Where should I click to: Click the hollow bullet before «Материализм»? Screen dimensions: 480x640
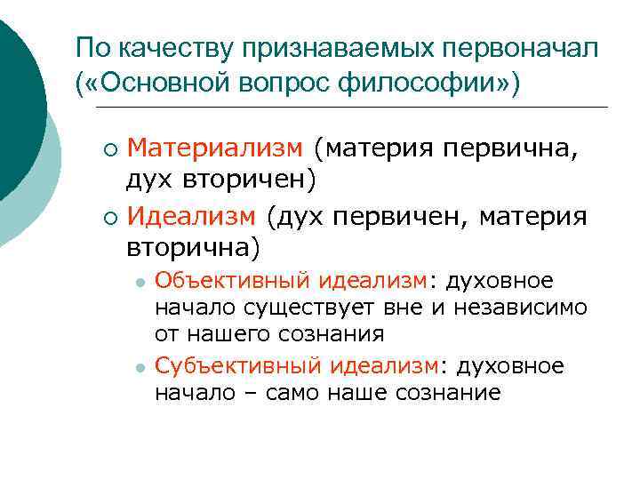[109, 148]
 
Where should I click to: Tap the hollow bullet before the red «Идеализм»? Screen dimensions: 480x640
[109, 215]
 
